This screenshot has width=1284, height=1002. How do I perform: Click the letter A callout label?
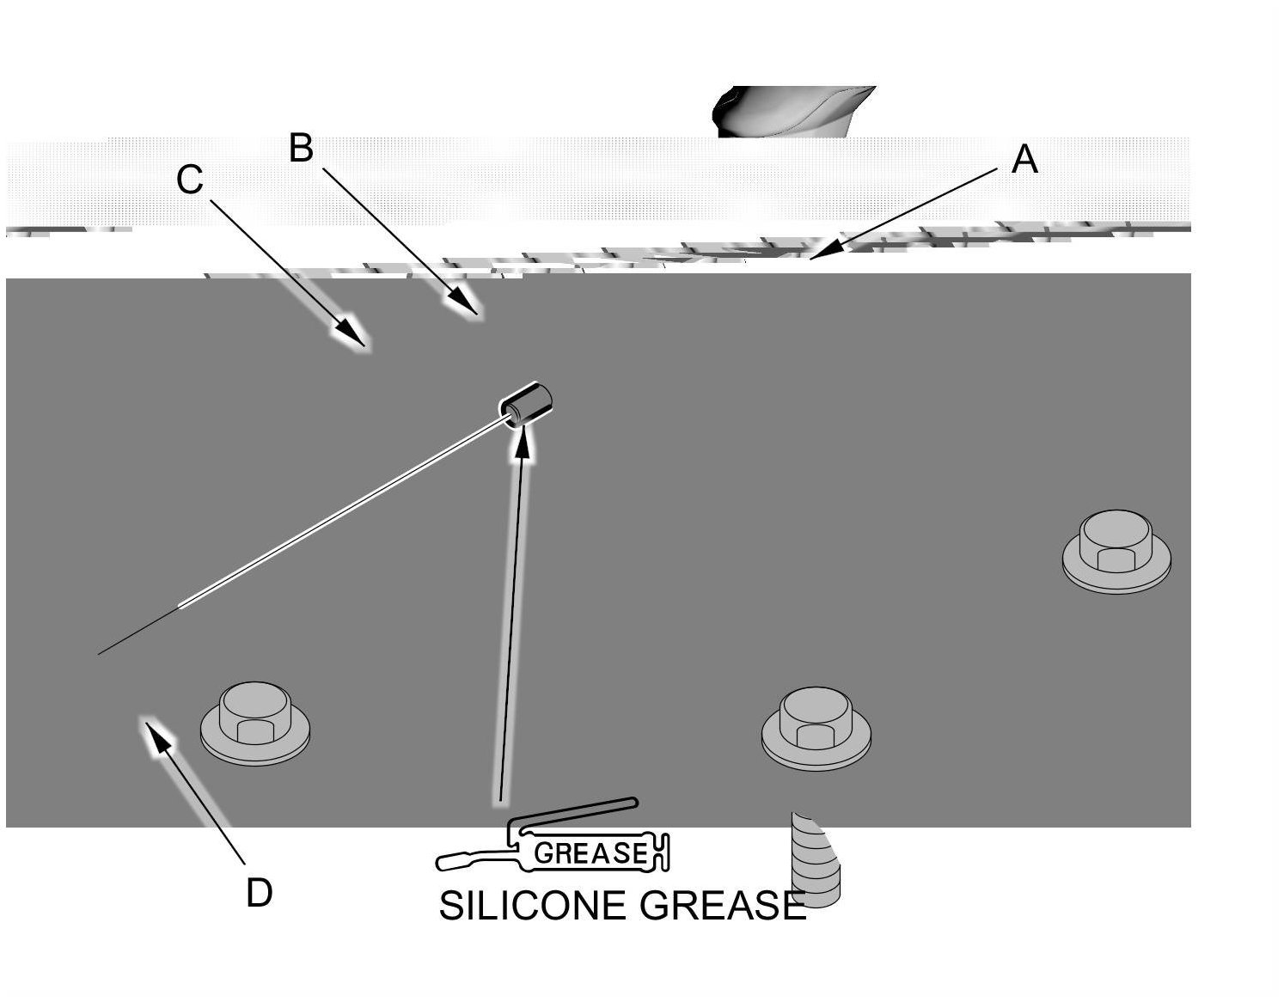click(x=1024, y=160)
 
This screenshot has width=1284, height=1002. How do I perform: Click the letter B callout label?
click(x=301, y=148)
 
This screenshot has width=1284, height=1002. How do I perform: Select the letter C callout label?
click(x=189, y=180)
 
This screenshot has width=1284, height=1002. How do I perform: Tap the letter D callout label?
click(x=259, y=894)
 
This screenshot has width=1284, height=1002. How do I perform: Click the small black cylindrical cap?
click(x=526, y=402)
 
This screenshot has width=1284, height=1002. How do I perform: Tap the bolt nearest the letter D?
click(x=255, y=723)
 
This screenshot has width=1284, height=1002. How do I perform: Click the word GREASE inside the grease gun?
click(x=590, y=853)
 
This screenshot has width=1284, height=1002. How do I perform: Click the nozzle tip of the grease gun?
click(x=443, y=861)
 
